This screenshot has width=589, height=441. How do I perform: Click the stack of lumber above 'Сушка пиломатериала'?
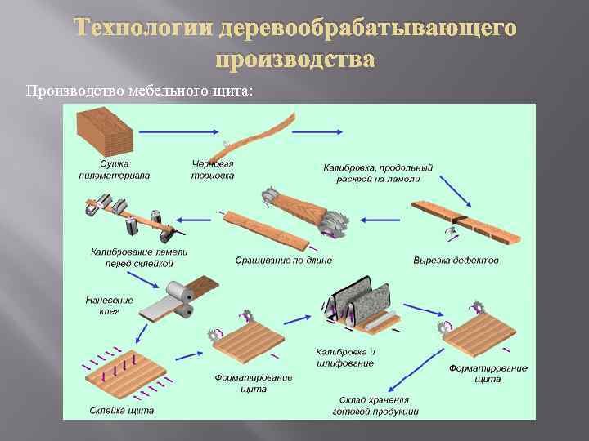pos(103,131)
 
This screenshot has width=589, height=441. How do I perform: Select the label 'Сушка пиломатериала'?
pos(103,170)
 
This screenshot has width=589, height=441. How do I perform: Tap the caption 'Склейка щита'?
pos(120,410)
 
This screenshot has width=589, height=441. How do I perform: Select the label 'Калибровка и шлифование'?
pos(344,358)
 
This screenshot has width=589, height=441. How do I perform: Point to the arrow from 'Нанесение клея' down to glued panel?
pos(144,333)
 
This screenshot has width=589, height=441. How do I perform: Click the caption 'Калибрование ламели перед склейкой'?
pos(138,257)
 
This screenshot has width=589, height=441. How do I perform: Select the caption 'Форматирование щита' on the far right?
pos(488,373)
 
